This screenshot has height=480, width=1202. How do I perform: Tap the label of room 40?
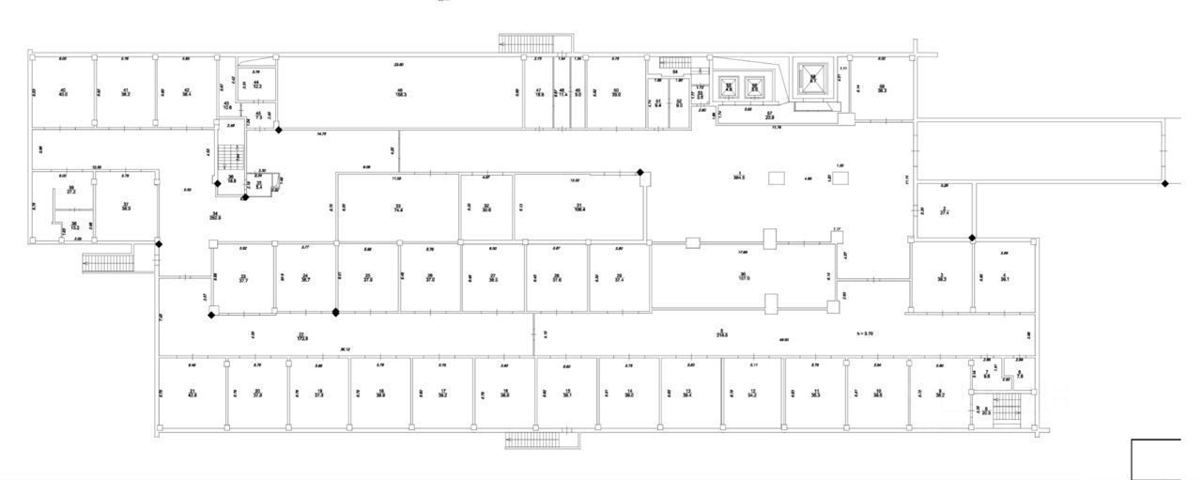click(x=63, y=91)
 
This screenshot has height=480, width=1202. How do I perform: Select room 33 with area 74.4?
click(x=398, y=208)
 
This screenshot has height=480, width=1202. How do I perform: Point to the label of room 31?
click(x=579, y=208)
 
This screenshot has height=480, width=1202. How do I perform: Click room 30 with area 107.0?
click(x=742, y=275)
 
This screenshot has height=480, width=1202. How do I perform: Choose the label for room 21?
click(x=193, y=393)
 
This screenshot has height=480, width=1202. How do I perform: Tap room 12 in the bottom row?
click(x=752, y=393)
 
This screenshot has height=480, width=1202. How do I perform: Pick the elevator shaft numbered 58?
click(x=814, y=78)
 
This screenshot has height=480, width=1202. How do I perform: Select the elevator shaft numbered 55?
click(x=727, y=87)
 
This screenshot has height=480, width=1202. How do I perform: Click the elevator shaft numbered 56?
click(x=753, y=87)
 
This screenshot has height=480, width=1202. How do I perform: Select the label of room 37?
click(x=125, y=205)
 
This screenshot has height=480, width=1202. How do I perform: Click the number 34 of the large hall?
click(x=216, y=215)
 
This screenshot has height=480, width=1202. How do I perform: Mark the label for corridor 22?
click(x=301, y=335)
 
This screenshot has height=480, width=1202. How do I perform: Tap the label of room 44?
click(x=255, y=84)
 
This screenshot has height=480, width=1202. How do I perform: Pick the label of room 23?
click(x=243, y=277)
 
